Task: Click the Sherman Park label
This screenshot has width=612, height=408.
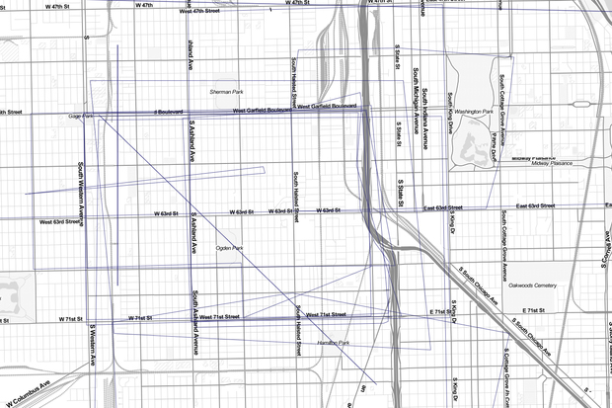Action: (226, 92)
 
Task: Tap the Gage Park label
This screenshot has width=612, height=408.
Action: (80, 117)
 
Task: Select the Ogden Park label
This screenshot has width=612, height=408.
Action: (229, 248)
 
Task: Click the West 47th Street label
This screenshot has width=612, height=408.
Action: (212, 12)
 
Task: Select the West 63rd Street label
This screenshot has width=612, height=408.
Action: (59, 223)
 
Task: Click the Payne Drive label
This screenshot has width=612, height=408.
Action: (492, 140)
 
